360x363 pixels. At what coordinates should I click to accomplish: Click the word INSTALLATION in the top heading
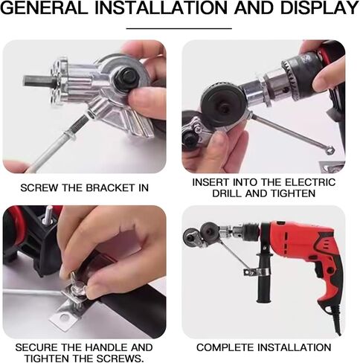(x=161, y=8)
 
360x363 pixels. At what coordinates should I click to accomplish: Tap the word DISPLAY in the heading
(x=320, y=8)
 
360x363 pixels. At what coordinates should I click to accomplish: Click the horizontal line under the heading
(x=179, y=28)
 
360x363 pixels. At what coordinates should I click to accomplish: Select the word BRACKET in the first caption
(x=109, y=187)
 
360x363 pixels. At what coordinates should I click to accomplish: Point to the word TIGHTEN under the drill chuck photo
(x=293, y=193)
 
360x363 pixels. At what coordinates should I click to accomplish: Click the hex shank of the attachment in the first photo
(x=36, y=81)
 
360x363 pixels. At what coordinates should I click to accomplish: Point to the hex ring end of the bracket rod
(x=330, y=150)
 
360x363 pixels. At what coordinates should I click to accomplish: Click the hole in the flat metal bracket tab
(x=65, y=316)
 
